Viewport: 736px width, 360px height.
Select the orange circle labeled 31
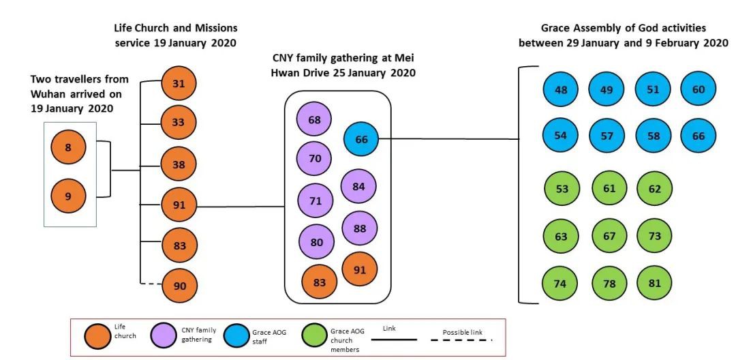pos(179,83)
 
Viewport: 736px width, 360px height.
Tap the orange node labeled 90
pos(179,286)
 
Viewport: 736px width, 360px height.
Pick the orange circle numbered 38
pos(179,164)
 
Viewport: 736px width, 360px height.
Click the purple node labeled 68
pos(314,120)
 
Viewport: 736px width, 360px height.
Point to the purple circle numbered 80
pos(316,241)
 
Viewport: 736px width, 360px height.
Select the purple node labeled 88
pos(359,228)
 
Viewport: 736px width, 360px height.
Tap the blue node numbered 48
pos(561,89)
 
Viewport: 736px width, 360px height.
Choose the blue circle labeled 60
pos(699,89)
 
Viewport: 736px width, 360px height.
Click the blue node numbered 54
pos(561,135)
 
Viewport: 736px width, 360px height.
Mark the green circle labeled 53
pos(561,189)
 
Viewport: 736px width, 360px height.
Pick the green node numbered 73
pos(654,236)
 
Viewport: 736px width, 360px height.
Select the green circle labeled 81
pos(654,282)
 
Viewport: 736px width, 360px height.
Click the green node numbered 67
pos(609,236)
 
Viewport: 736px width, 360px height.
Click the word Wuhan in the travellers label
pos(48,94)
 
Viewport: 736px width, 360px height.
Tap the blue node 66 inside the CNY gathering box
pos(361,139)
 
